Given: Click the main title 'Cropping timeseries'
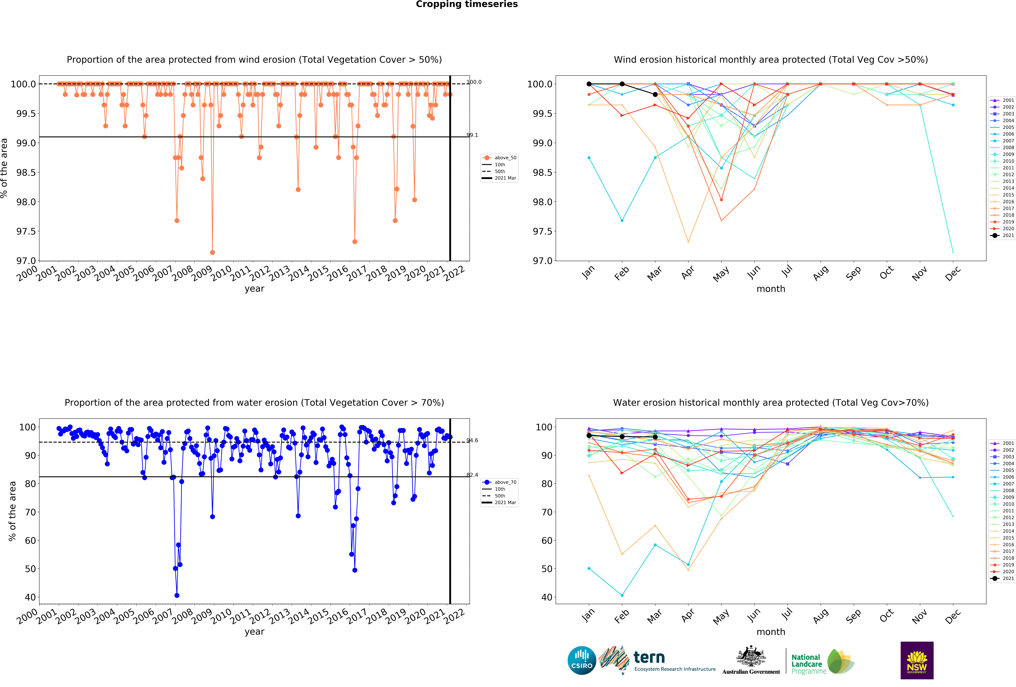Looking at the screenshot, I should click(x=466, y=4).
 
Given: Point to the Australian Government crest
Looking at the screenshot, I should click(x=751, y=656).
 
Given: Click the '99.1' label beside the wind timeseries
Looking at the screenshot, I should click(x=472, y=135).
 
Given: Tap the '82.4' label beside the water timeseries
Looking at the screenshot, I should click(x=472, y=475).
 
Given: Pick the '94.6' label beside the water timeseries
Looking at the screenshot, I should click(x=472, y=440).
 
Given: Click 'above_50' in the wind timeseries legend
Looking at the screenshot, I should click(x=505, y=158).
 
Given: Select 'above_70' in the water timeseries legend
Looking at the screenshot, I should click(x=505, y=482).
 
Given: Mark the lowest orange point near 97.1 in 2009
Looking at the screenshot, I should click(x=212, y=252).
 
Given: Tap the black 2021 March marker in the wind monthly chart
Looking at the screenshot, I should click(x=655, y=94).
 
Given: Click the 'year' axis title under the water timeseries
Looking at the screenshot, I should click(x=254, y=632).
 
